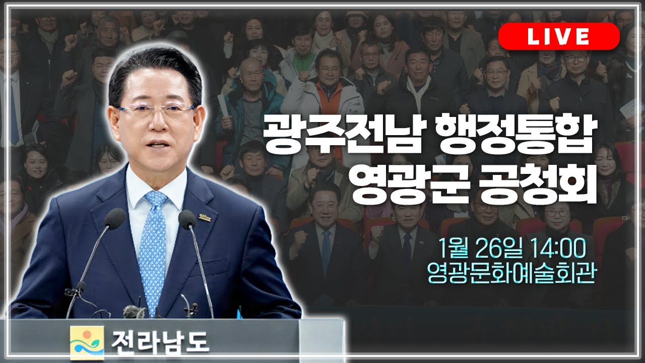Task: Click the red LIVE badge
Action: [559, 36]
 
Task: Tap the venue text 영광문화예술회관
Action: [510, 275]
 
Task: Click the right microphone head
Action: [187, 219]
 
